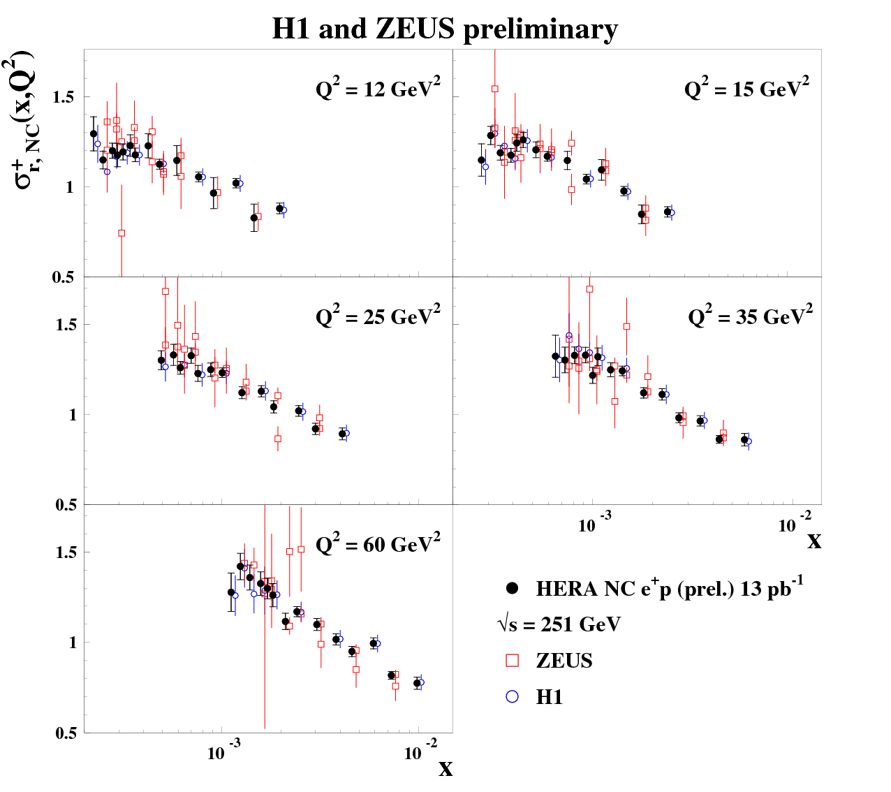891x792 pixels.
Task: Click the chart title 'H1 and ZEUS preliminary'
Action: pos(445,29)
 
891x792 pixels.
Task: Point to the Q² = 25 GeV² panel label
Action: pos(378,317)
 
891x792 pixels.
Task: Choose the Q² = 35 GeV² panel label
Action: pos(750,317)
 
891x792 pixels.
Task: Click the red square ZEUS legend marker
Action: pos(513,661)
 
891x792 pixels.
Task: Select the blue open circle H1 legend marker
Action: pos(513,696)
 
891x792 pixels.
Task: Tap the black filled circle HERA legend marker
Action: pos(513,589)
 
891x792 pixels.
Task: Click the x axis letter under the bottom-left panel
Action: pos(445,770)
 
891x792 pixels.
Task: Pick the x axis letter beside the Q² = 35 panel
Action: pos(814,541)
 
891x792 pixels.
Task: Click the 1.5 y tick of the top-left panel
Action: pos(64,97)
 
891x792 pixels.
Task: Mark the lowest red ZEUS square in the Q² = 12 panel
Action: pos(121,233)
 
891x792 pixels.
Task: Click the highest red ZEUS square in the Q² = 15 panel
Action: pos(494,89)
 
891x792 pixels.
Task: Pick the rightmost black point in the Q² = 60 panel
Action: pos(417,683)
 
